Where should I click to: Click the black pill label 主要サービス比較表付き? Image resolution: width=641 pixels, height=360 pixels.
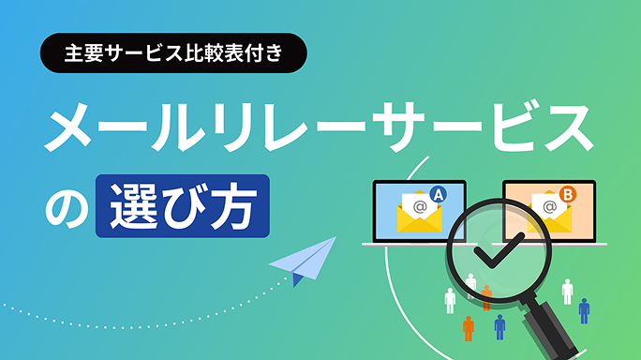click(x=174, y=53)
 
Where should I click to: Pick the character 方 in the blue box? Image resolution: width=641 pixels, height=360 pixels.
click(x=232, y=204)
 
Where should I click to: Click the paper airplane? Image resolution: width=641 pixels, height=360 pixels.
click(x=306, y=261)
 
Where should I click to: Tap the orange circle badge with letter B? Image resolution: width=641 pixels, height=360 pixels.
click(x=568, y=194)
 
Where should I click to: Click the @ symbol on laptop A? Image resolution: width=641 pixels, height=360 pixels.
click(x=419, y=204)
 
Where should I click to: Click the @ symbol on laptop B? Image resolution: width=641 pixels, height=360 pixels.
click(x=548, y=204)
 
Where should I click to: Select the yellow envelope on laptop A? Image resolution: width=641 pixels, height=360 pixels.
click(x=416, y=214)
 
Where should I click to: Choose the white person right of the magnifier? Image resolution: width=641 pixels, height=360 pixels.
click(x=567, y=290)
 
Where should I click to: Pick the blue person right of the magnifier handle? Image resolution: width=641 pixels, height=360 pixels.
click(x=584, y=310)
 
